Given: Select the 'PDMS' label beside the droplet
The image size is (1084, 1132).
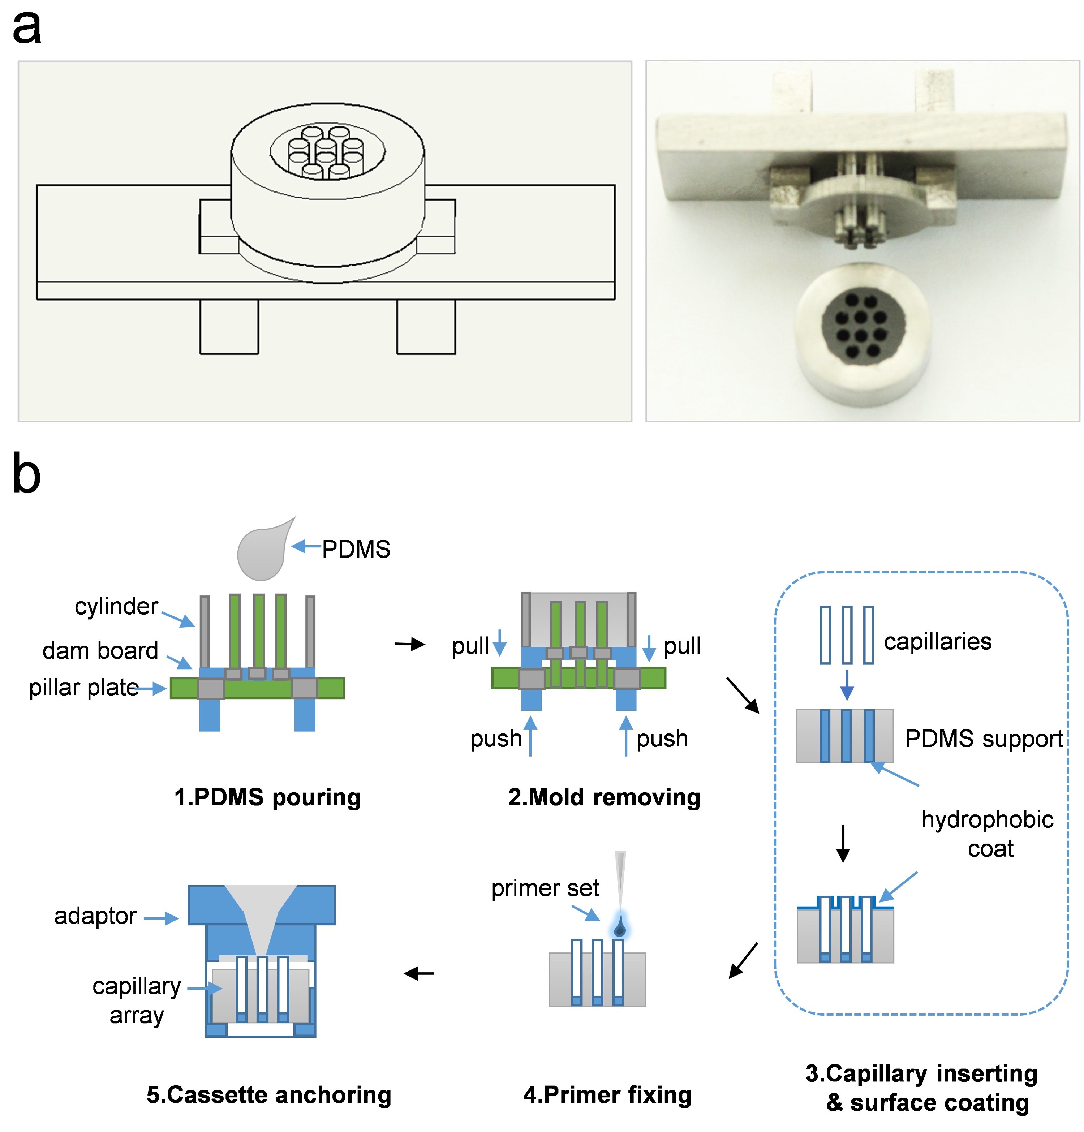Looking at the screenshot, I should (x=356, y=549).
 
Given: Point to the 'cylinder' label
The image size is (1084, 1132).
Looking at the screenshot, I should (x=116, y=606).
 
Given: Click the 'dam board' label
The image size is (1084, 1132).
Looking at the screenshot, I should (x=100, y=651).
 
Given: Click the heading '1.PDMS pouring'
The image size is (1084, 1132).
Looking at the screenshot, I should (x=267, y=797).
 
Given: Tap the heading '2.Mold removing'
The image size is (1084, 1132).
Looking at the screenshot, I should (x=604, y=797).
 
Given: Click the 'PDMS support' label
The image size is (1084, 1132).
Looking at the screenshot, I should (x=984, y=739).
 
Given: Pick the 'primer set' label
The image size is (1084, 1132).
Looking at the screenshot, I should (x=545, y=888).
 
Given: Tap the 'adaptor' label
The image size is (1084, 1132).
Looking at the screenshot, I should (x=95, y=916).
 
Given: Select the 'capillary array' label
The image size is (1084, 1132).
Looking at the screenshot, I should (x=137, y=1001).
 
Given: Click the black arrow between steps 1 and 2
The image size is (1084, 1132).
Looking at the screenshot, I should (x=410, y=644).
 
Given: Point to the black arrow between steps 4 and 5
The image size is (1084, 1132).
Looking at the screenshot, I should (x=419, y=974).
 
